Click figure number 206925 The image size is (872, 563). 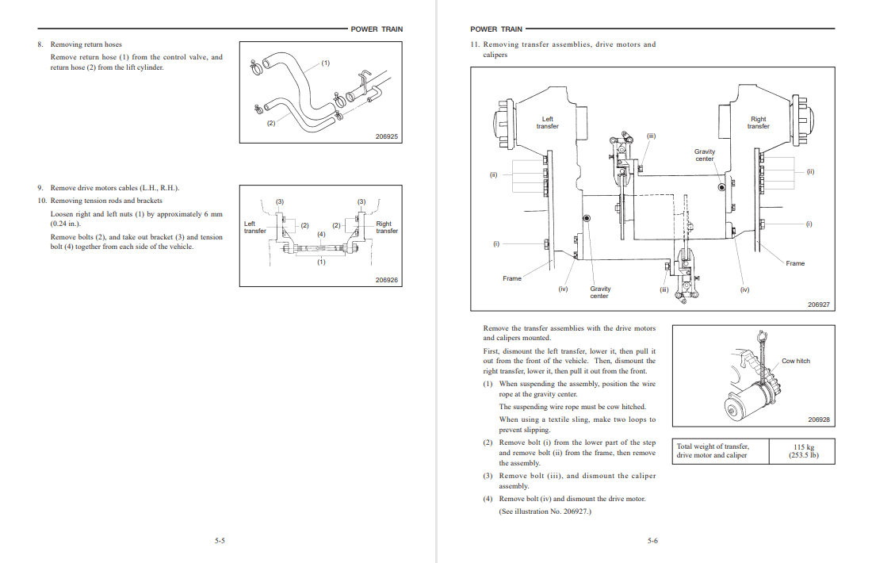point(387,136)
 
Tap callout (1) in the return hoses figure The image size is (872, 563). point(325,63)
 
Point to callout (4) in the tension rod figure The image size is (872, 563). point(321,234)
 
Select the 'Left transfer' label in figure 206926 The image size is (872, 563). point(254,227)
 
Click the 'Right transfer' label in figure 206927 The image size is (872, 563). point(758,122)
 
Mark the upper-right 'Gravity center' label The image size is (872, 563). point(705,155)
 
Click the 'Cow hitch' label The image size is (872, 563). point(796,361)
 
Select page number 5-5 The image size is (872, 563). point(220,540)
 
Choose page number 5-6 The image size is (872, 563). point(652,540)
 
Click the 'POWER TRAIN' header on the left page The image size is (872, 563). point(377,29)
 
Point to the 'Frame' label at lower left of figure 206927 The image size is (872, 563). point(512,278)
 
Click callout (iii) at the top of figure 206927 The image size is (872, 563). point(651,136)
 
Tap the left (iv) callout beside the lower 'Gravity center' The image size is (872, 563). point(564,289)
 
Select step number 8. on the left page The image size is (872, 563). point(40,44)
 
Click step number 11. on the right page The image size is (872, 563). point(474,44)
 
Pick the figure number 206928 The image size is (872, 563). point(819,419)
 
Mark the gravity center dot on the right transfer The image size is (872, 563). point(722,187)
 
